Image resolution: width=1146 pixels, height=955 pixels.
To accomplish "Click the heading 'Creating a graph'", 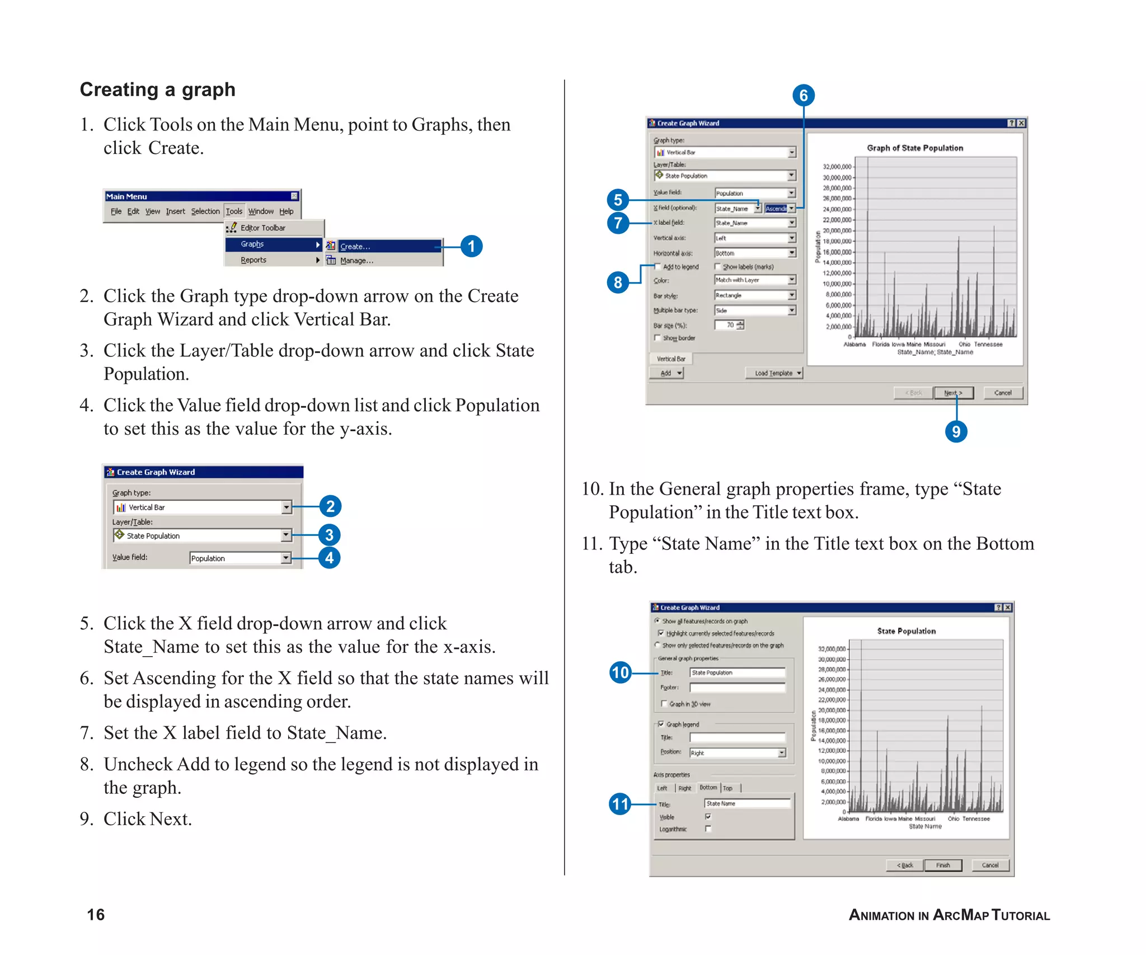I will [x=157, y=90].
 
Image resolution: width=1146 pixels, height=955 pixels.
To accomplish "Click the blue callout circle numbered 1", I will [x=471, y=246].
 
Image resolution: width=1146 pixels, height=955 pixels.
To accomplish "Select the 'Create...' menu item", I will [x=355, y=246].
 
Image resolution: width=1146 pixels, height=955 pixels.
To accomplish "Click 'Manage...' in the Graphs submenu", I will [x=356, y=261].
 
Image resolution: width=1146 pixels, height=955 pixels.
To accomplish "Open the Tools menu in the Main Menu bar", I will [x=234, y=211].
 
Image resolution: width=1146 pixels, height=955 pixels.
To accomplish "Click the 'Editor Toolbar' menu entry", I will [x=262, y=228].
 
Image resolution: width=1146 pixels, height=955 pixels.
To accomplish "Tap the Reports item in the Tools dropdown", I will [x=253, y=260].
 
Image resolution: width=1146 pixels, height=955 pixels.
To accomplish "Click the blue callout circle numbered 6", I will [x=803, y=95].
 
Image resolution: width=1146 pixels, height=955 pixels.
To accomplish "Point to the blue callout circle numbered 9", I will [x=956, y=431].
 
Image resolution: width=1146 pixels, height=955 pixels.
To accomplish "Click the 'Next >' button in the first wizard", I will [x=954, y=393].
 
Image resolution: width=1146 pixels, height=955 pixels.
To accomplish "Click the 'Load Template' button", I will [x=774, y=373].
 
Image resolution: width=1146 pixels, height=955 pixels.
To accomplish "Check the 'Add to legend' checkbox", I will [x=658, y=267].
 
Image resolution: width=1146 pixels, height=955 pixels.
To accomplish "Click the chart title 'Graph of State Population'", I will [x=915, y=148].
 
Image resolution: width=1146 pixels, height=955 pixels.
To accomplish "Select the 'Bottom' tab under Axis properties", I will [x=708, y=788].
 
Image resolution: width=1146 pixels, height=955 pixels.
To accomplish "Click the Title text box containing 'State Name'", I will [x=746, y=803].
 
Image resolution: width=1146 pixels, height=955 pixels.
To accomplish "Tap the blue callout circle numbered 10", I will [x=620, y=672].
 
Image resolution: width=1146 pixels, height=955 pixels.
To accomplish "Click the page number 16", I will [x=96, y=915].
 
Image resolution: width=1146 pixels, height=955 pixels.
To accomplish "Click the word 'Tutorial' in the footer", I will [x=1021, y=915].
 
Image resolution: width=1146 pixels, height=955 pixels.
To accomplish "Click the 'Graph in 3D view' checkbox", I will [x=664, y=704].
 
